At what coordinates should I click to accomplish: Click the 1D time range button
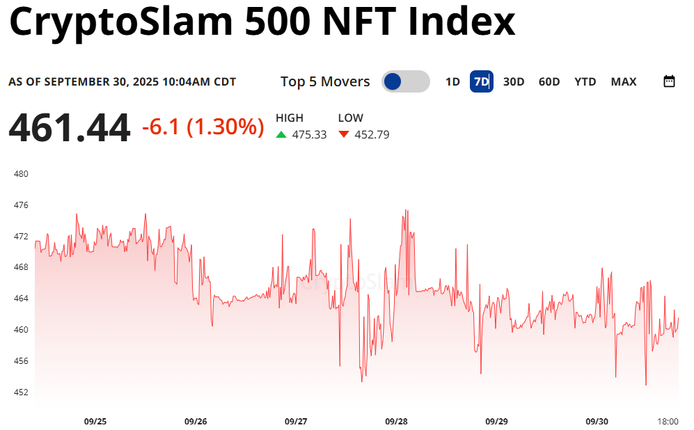[452, 81]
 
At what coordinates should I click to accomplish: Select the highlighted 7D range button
[481, 81]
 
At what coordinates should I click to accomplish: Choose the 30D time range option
[514, 81]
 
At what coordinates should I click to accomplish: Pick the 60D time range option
[549, 81]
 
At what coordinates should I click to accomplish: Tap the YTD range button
[585, 81]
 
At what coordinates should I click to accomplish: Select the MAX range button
[624, 81]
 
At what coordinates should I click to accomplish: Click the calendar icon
[669, 81]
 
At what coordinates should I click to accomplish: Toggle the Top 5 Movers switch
[405, 81]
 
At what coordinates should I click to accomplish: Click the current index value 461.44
[70, 128]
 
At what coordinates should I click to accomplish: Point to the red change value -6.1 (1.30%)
[203, 127]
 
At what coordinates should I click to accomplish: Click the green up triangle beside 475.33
[281, 134]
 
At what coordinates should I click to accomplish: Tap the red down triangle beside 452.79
[344, 134]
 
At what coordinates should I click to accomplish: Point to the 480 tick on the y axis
[21, 174]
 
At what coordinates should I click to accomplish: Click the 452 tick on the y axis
[21, 392]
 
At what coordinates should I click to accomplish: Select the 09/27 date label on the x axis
[296, 421]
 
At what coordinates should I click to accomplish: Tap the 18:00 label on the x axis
[668, 421]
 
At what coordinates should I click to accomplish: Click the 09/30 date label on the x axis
[597, 421]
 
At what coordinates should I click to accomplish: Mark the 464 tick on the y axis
[21, 298]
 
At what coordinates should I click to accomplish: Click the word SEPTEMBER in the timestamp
[77, 82]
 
